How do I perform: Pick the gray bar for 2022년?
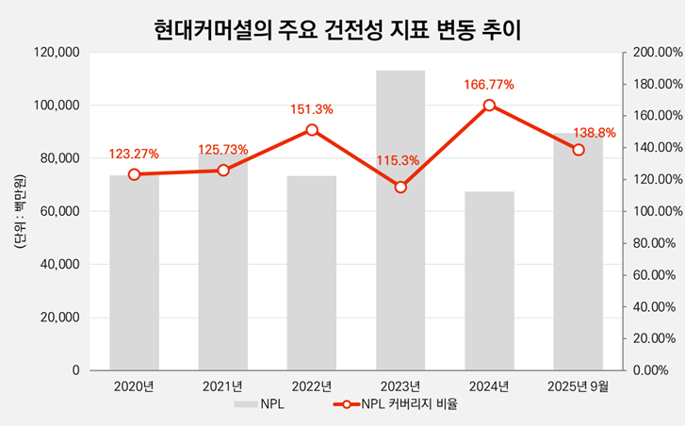pos(312,272)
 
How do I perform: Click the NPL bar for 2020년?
pos(134,272)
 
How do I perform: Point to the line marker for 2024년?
pos(489,106)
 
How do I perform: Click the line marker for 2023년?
pos(400,187)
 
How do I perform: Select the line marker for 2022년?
pos(312,130)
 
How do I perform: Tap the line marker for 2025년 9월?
pos(579,150)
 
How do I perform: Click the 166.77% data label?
pos(489,85)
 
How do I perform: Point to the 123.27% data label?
pos(134,154)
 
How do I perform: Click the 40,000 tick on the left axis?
pos(59,265)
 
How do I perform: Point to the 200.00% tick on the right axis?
pos(651,53)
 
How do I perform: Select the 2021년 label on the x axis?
pos(222,385)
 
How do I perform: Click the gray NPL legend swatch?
pos(246,405)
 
